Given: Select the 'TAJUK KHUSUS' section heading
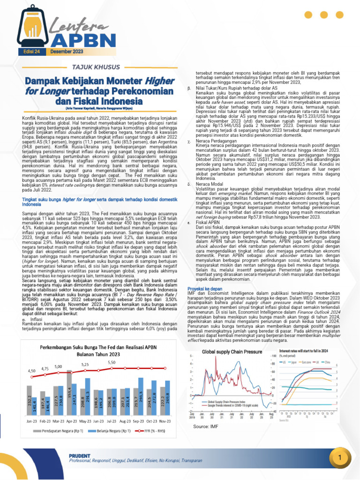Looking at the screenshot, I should pyautogui.click(x=96, y=66).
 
